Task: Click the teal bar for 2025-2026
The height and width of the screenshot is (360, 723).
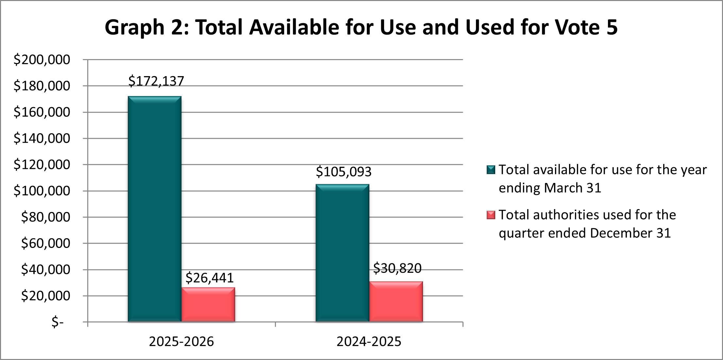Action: (155, 209)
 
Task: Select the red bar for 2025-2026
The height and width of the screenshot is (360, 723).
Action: (208, 304)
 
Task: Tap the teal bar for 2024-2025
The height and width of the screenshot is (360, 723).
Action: (342, 253)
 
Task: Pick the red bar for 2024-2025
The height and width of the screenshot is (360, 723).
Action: (396, 302)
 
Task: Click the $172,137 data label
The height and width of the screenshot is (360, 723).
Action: (156, 81)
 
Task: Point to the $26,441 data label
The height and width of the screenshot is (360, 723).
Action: (210, 278)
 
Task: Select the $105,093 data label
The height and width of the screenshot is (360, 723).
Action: (344, 172)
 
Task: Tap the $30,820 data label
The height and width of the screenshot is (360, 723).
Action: (397, 268)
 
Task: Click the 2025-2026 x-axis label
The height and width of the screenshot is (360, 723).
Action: (181, 342)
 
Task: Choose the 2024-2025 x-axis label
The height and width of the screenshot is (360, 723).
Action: (369, 342)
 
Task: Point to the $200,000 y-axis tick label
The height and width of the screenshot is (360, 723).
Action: (42, 60)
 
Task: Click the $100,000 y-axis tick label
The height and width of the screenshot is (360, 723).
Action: (42, 191)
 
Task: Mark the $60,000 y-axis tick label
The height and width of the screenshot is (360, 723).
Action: (46, 243)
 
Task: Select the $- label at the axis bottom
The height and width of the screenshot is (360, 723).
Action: (58, 322)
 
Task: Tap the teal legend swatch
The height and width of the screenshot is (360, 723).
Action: (491, 170)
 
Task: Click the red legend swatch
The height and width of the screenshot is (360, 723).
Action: (491, 215)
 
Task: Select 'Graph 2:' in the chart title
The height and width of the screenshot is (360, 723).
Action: (146, 27)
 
